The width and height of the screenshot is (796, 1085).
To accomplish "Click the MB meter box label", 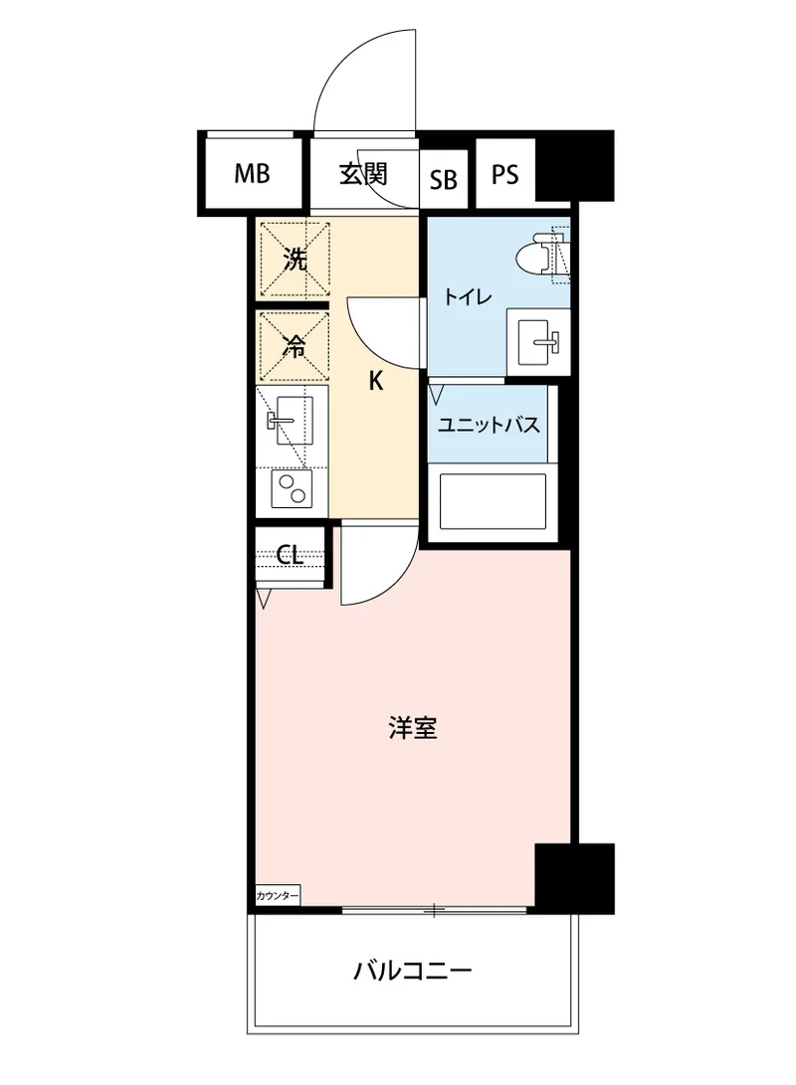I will click(x=252, y=175).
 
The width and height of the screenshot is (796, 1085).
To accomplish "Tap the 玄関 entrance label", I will click(x=362, y=174).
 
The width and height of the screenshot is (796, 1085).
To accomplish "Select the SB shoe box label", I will click(x=444, y=180).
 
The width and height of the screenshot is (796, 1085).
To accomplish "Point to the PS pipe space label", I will click(x=505, y=175).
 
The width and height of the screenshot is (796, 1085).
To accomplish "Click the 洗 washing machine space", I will click(x=295, y=261).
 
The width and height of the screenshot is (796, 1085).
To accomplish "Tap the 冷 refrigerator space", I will click(x=295, y=346).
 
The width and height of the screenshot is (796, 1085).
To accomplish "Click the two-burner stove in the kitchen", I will click(x=292, y=488).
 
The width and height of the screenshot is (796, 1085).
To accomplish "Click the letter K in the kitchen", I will click(x=376, y=380).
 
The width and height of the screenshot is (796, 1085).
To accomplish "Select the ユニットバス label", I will click(x=490, y=426).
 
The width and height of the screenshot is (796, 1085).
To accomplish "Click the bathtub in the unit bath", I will click(x=494, y=503).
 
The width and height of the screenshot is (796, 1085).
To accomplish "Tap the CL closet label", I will click(x=290, y=555).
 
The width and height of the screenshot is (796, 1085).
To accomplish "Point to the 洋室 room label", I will click(x=413, y=729).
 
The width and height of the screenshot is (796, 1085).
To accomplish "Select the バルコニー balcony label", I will click(x=412, y=969).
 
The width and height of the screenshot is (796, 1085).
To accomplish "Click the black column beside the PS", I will click(x=574, y=164).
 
